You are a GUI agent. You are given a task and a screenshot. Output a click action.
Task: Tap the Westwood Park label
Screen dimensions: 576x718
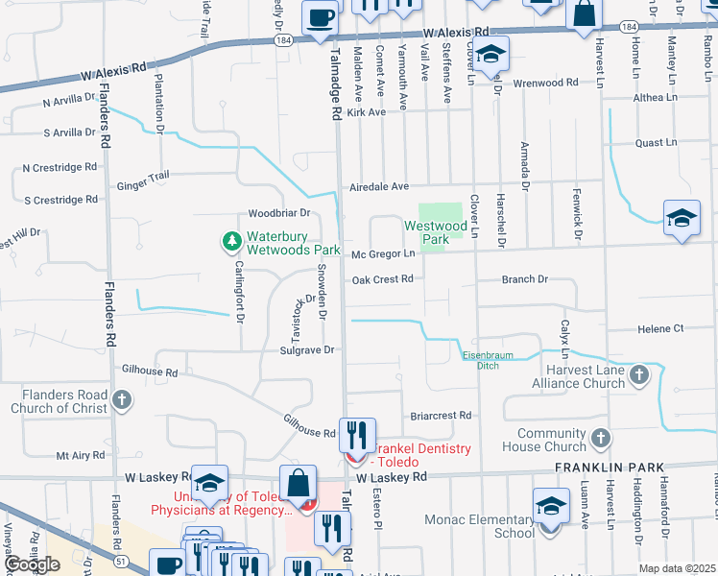point(427,232)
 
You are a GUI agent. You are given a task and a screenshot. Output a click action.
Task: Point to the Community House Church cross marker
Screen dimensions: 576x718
point(600,440)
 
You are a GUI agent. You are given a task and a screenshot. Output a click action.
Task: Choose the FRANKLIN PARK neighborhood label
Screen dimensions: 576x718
point(609,468)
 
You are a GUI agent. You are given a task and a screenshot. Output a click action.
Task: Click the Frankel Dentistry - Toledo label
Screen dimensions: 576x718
point(422,456)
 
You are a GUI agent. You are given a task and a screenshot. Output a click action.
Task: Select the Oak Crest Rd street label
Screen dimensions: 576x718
point(382,280)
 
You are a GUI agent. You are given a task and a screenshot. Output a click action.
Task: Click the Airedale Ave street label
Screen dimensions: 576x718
point(378,186)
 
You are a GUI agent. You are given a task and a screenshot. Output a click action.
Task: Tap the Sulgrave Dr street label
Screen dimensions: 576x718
point(305,350)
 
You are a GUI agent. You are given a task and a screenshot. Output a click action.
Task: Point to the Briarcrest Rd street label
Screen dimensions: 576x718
point(441,416)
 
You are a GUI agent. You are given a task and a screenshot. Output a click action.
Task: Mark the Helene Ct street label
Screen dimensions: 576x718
point(659,328)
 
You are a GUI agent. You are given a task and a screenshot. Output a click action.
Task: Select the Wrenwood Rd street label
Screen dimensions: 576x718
point(546,83)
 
